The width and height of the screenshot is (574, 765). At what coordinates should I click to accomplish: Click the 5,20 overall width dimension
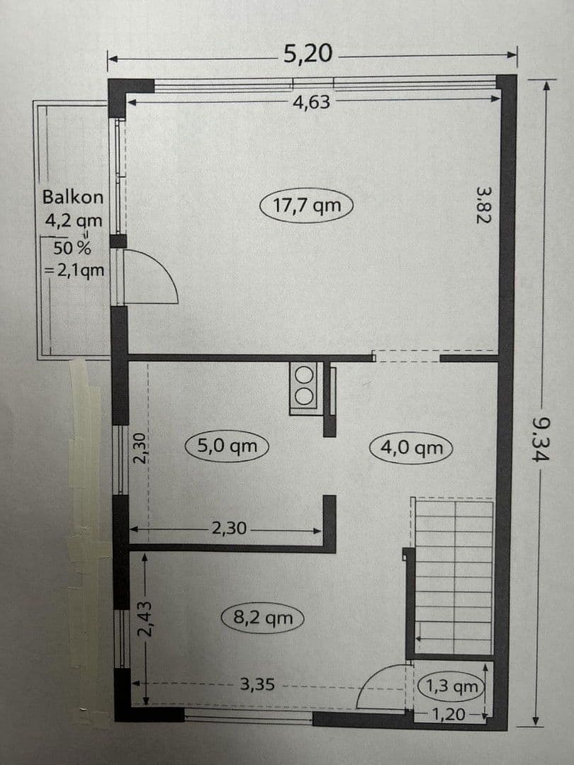[x=308, y=54]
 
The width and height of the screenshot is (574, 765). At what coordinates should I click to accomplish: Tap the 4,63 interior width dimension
[x=311, y=102]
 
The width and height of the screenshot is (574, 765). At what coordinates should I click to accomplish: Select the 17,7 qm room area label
[x=307, y=205]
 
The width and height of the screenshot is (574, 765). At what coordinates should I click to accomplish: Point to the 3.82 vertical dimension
[x=483, y=205]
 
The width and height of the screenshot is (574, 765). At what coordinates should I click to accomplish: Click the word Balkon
[x=72, y=197]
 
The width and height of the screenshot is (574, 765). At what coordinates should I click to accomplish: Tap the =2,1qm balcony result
[x=74, y=270]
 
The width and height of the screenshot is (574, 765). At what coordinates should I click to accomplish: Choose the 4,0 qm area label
[x=411, y=448]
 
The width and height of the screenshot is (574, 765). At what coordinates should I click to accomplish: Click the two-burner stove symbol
[x=305, y=387]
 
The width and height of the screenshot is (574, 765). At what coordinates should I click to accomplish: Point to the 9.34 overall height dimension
[x=541, y=439]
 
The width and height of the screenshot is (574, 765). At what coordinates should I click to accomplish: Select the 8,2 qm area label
[x=262, y=618]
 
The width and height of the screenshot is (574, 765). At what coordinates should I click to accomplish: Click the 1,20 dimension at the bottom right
[x=449, y=714]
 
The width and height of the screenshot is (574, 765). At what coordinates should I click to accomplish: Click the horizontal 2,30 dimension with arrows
[x=228, y=528]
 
